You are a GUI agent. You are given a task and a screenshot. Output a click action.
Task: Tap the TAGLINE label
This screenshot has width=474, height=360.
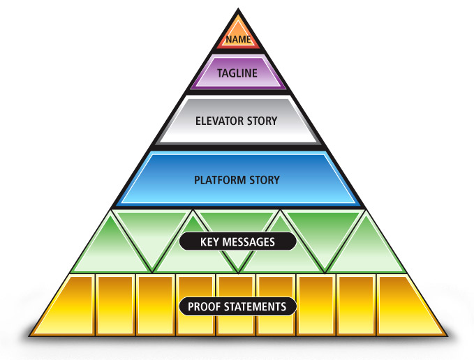[x=237, y=73]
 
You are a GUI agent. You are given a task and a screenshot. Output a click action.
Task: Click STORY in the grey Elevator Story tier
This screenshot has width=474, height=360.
[x=262, y=121]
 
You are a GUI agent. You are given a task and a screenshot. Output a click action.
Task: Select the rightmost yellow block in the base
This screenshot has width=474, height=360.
[x=405, y=307]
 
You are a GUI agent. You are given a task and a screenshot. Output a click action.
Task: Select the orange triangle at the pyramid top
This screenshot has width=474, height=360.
[x=237, y=31]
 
